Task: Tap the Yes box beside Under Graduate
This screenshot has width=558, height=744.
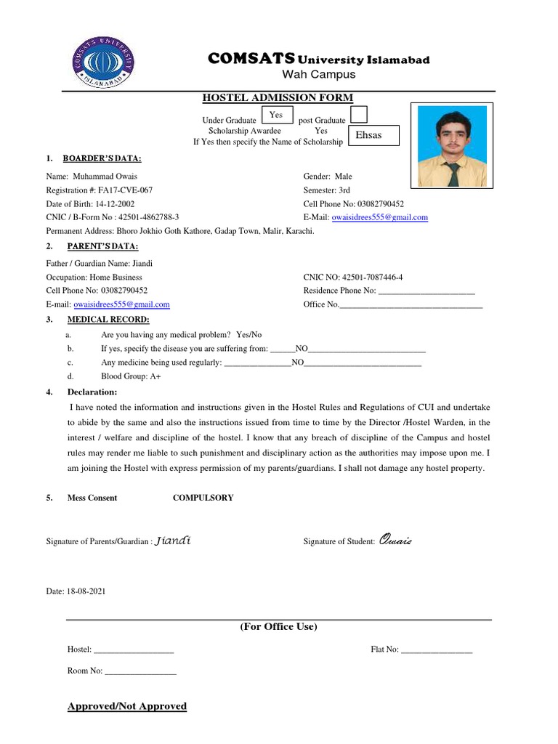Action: point(276,116)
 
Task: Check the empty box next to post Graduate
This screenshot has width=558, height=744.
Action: point(359,115)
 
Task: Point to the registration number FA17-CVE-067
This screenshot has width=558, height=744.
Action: point(127,190)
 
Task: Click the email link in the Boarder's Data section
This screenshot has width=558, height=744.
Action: point(380,217)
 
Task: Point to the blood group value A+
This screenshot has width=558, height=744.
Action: point(155,376)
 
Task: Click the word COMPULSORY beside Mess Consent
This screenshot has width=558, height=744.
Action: point(203,498)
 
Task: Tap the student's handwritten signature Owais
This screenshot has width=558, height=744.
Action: point(395,541)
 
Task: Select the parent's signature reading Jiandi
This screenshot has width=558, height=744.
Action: point(174,541)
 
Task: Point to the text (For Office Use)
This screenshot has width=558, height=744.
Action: point(278,626)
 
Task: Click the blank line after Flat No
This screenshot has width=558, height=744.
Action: point(437,650)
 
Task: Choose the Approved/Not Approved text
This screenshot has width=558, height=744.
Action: point(127,706)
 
